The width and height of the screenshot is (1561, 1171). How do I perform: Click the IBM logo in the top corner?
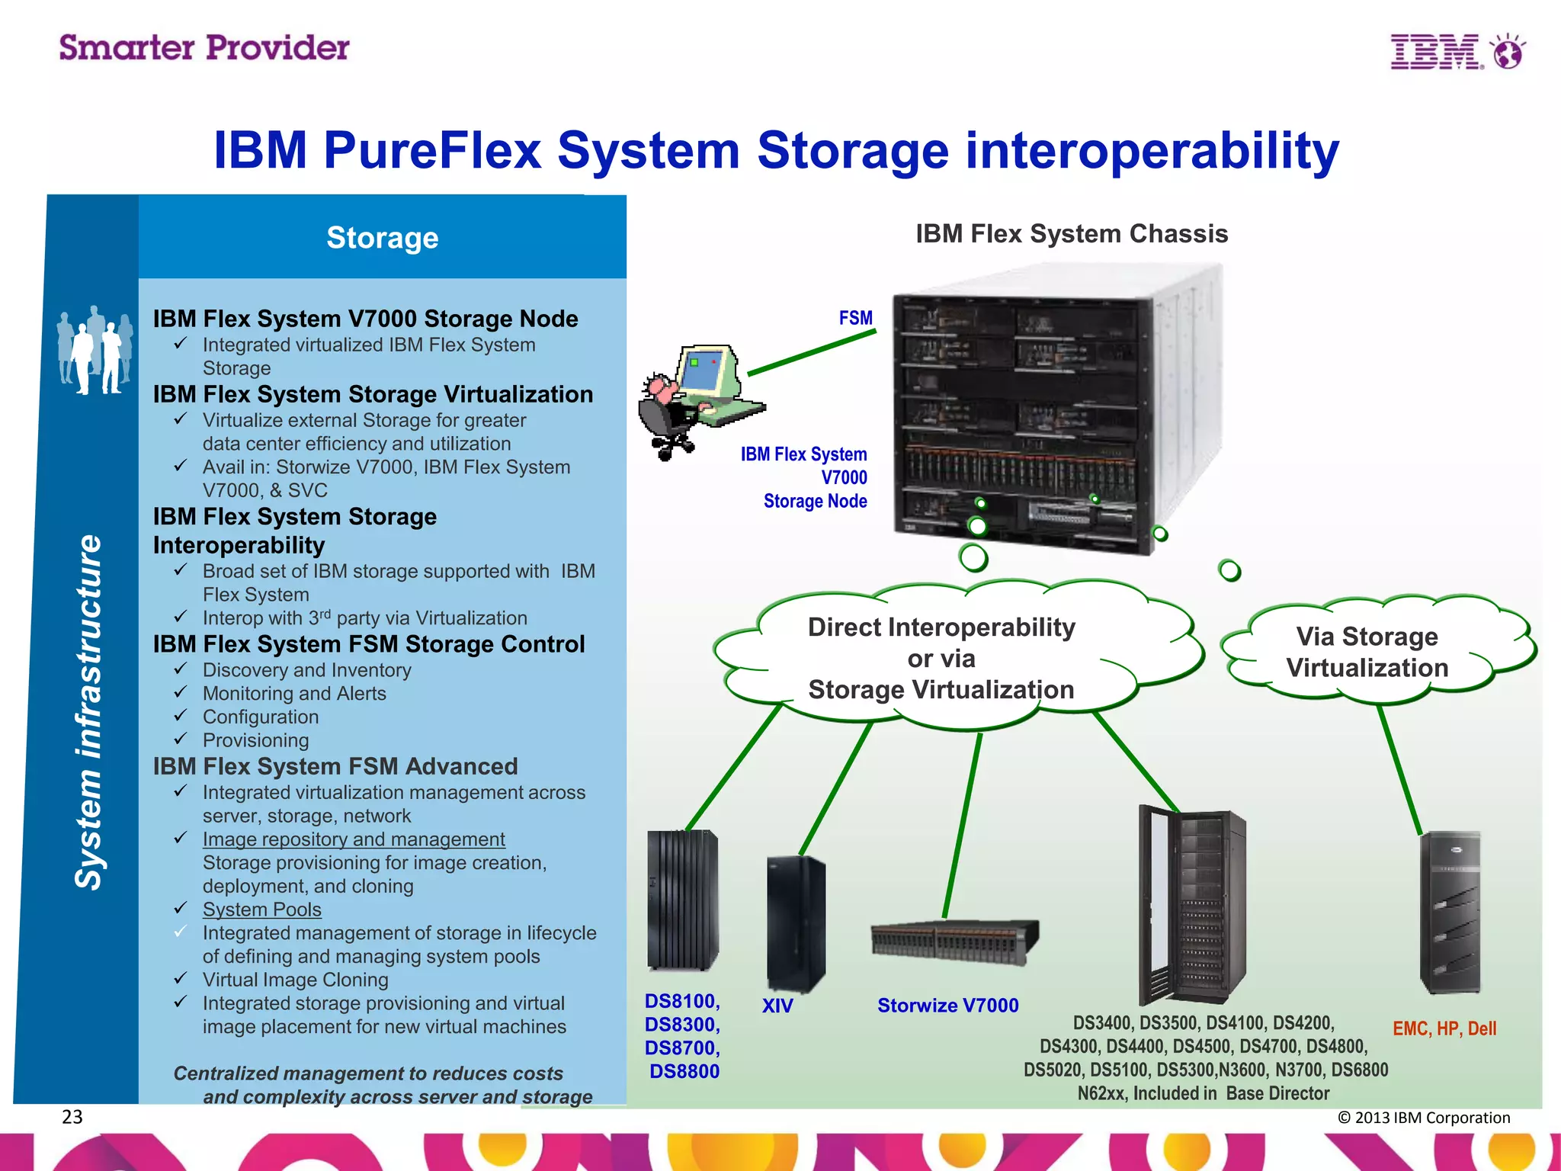[x=1456, y=52]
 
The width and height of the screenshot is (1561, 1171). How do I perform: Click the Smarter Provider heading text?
[x=204, y=48]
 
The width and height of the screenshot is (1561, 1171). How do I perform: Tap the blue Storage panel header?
[x=382, y=238]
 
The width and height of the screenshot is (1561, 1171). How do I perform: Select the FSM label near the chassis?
[x=855, y=318]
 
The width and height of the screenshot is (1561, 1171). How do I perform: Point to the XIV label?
[x=777, y=1006]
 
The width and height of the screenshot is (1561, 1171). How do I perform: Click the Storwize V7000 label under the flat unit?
[x=947, y=1006]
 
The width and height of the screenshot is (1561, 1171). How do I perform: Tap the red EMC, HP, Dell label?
[x=1444, y=1028]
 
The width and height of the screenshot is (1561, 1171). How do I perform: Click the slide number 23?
[x=72, y=1117]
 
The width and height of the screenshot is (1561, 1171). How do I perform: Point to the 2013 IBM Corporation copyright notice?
[x=1423, y=1118]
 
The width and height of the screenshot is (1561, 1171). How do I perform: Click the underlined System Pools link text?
[x=261, y=910]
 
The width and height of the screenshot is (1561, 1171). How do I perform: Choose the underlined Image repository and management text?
[x=354, y=839]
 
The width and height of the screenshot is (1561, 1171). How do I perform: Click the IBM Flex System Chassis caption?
[x=1071, y=234]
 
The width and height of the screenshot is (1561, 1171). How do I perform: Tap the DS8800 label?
[x=684, y=1071]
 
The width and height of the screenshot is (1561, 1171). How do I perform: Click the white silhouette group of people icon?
[x=95, y=351]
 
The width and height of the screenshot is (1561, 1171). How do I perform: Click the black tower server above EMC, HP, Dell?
[x=1450, y=913]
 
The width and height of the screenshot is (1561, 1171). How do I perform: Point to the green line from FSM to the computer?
[x=812, y=353]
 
